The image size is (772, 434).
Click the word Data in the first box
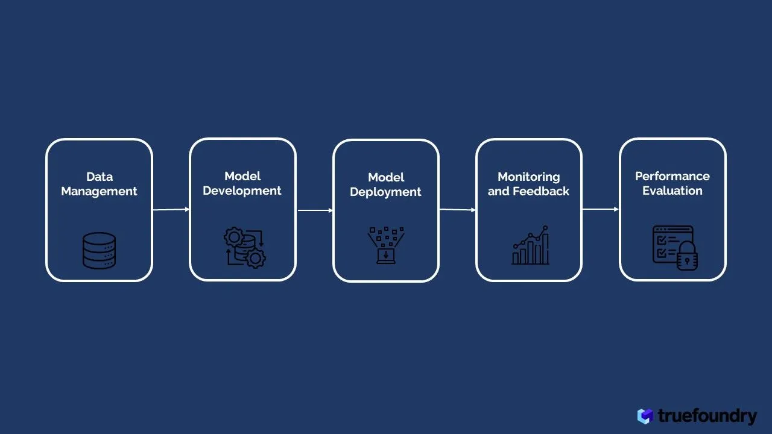click(x=100, y=177)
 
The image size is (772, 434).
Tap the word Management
click(x=100, y=192)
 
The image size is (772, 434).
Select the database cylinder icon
click(x=99, y=250)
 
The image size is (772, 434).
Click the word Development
click(x=242, y=191)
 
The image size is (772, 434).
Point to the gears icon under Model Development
click(x=244, y=248)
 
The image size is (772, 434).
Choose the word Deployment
click(x=385, y=192)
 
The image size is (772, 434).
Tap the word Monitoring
click(x=528, y=177)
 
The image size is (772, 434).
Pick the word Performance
click(x=672, y=176)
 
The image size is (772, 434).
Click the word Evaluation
click(x=672, y=191)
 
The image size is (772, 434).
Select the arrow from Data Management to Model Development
click(x=171, y=210)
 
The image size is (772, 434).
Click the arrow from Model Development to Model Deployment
click(x=315, y=210)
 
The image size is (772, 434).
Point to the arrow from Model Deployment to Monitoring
click(x=457, y=210)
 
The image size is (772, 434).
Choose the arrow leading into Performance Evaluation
click(x=600, y=209)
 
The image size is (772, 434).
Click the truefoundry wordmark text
click(x=707, y=416)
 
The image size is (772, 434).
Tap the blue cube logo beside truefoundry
click(x=645, y=416)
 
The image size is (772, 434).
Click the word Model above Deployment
click(x=385, y=177)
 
